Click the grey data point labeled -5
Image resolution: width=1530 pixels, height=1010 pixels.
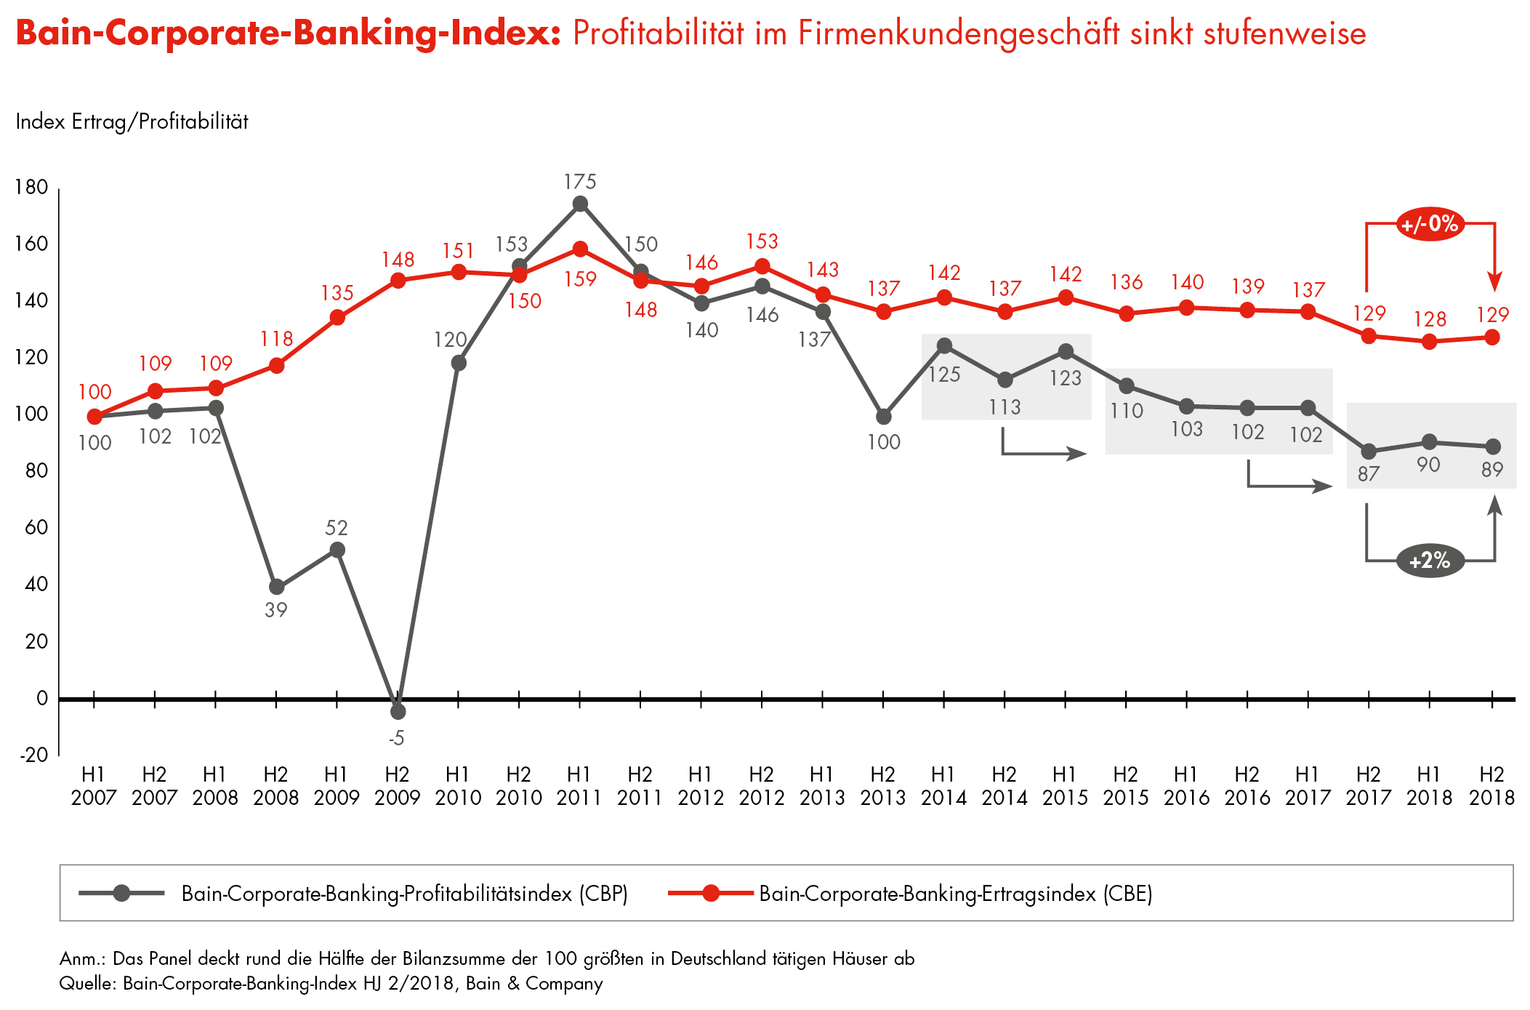tap(398, 711)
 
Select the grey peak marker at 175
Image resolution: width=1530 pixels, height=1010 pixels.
tap(580, 204)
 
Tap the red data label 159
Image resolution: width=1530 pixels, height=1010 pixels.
tap(580, 279)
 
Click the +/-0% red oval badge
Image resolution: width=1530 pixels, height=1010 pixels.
tap(1430, 223)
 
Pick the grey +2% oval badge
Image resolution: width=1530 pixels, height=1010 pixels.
tap(1430, 561)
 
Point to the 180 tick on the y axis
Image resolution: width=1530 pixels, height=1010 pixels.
tap(31, 188)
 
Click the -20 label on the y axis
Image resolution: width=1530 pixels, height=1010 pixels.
tap(33, 755)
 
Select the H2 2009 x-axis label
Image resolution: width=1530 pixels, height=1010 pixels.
tap(397, 786)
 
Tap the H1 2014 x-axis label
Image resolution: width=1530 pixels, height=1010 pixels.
tap(943, 786)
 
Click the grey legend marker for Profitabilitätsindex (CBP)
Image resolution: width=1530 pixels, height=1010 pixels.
tap(121, 893)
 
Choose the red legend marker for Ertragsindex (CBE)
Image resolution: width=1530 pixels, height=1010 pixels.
tap(711, 893)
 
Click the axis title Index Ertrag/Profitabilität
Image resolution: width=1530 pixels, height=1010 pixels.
tap(132, 121)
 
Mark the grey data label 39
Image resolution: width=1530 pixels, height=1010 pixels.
tap(276, 610)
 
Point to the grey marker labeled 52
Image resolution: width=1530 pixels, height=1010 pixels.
tap(337, 550)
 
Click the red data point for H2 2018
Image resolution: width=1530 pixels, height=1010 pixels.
tap(1492, 337)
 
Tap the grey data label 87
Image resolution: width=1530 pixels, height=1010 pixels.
tap(1369, 474)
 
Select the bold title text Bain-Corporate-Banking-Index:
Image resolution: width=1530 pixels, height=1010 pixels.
tap(289, 33)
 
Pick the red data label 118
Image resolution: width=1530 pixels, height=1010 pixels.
tap(277, 339)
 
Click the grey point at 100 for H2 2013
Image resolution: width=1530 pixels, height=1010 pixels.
tap(884, 417)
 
